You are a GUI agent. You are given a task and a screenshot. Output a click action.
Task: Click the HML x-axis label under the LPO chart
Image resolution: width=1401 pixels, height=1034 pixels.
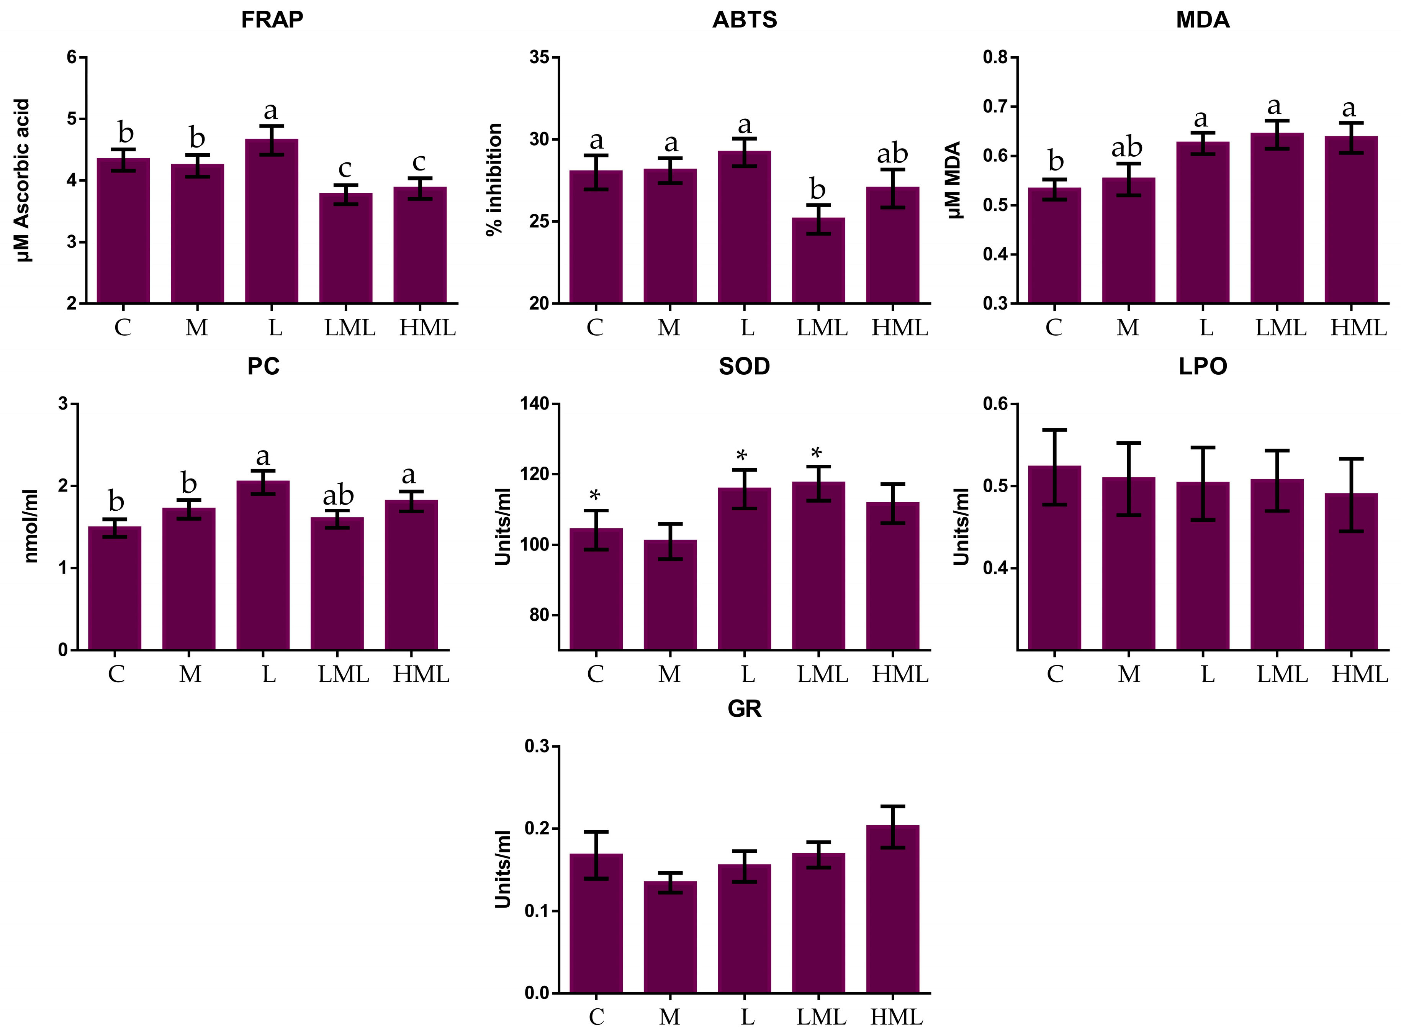[x=1359, y=674]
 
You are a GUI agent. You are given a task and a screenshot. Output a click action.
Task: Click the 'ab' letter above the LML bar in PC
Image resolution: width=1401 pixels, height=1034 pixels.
[x=338, y=496]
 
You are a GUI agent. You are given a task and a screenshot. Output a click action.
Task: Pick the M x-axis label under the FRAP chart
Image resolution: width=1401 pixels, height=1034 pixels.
[x=196, y=327]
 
